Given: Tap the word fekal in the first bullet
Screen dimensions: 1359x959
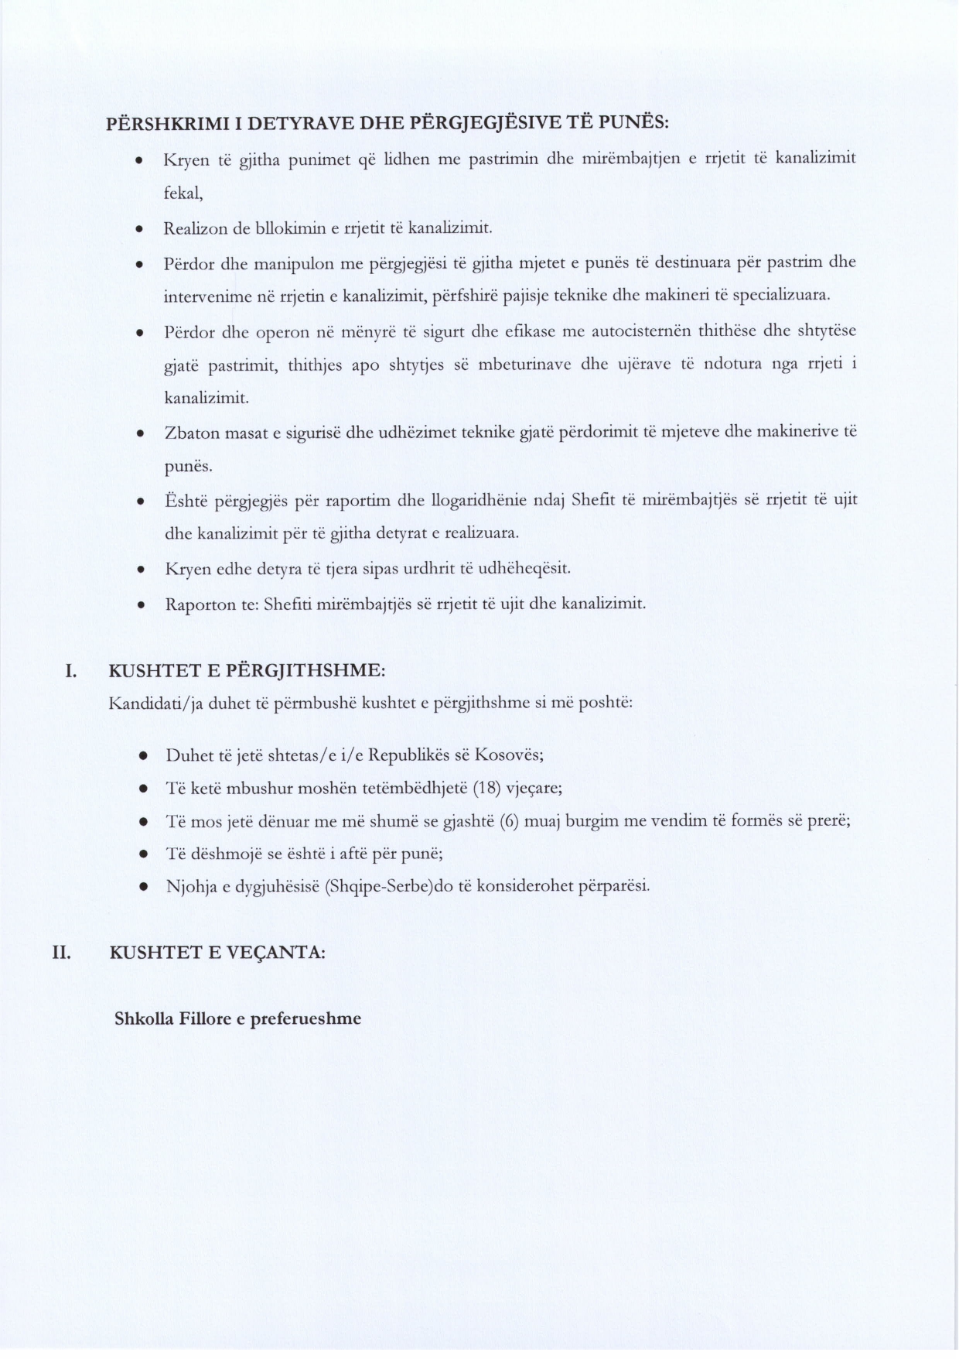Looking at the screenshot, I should (x=183, y=194).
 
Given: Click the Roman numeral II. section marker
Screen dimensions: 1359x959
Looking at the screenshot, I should (x=62, y=953).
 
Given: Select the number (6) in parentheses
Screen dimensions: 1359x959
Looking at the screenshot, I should (x=509, y=822).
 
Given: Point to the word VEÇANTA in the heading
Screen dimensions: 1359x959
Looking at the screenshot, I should (x=278, y=953).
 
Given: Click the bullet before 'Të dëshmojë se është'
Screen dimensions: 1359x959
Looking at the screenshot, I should (x=143, y=854).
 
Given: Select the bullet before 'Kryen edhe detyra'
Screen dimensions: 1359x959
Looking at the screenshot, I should (x=138, y=570).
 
